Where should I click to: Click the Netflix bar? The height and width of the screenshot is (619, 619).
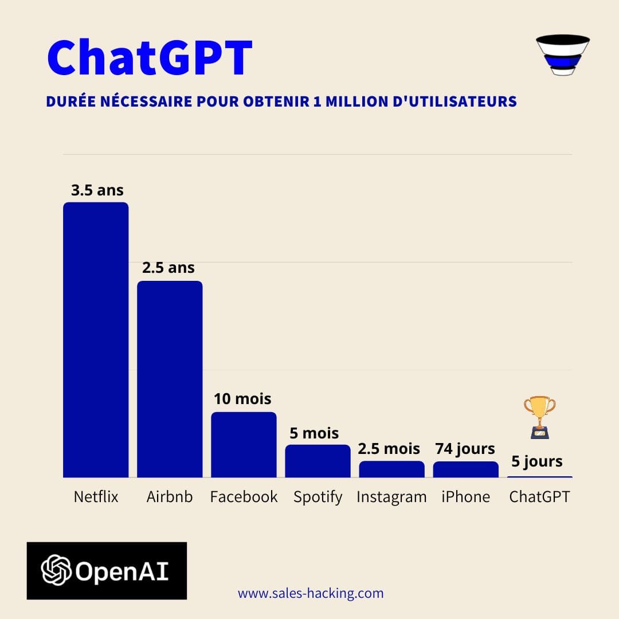tap(96, 339)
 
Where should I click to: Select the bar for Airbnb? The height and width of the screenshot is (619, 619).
tap(170, 379)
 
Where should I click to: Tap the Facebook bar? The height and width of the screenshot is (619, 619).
tap(244, 444)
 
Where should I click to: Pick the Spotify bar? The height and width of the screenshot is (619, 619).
tap(318, 461)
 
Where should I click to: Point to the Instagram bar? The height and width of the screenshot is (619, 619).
tap(391, 469)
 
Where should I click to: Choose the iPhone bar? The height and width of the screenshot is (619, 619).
tap(465, 469)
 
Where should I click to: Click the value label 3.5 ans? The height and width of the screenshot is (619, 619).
tap(97, 190)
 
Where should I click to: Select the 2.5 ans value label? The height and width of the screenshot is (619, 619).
tap(169, 268)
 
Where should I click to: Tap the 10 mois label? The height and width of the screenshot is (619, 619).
tap(242, 398)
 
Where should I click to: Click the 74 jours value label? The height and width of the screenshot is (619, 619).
tap(465, 448)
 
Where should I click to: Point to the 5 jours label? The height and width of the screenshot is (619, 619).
tap(537, 461)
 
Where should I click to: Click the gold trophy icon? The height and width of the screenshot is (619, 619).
tap(539, 417)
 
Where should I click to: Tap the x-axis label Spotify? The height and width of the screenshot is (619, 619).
tap(318, 497)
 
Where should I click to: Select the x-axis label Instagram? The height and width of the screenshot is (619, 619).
tap(391, 497)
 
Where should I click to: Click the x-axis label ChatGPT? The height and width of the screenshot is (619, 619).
tap(539, 497)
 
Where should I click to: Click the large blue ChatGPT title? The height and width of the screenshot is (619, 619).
tap(150, 58)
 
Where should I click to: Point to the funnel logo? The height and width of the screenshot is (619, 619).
tap(562, 55)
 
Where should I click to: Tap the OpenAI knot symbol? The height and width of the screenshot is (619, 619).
tap(56, 570)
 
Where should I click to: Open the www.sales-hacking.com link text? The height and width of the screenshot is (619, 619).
tap(311, 593)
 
